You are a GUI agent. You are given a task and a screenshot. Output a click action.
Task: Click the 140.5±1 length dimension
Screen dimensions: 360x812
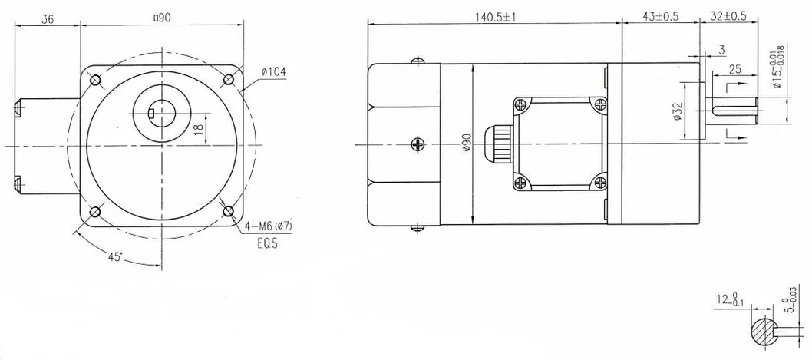pos(493,16)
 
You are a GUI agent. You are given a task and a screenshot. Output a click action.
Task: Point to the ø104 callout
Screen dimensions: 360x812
pos(273,72)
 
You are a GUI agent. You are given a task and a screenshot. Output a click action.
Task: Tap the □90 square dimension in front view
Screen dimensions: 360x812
pos(161,16)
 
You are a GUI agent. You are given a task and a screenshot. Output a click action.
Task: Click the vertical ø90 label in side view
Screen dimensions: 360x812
pos(467,145)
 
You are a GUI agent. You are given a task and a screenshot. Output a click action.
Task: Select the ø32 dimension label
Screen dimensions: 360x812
pos(676,113)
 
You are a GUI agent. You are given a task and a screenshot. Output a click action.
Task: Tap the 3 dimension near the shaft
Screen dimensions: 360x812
pos(722,50)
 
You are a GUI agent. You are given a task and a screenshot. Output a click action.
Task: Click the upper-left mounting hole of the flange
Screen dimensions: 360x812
pos(94,80)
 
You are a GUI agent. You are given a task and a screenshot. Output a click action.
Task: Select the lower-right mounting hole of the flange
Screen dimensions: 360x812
pos(228,213)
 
